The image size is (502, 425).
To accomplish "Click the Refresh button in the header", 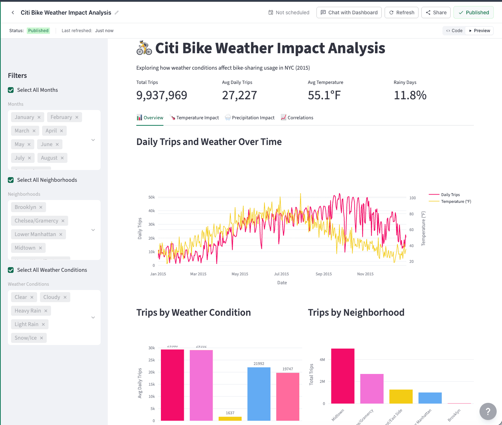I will [x=401, y=12].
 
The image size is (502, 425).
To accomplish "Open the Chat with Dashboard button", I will [x=349, y=12].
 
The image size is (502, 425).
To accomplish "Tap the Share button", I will [x=436, y=12].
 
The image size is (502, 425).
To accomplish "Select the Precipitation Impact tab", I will [x=250, y=117].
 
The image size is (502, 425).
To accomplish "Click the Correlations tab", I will [x=297, y=117].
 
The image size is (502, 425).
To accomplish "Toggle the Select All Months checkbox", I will [x=11, y=90].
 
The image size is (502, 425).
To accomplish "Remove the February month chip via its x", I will [x=77, y=117].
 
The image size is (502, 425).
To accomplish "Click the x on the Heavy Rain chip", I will [x=46, y=311].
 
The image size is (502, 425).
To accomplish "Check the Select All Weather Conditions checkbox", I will [x=11, y=270].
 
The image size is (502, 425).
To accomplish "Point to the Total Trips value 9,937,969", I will [x=162, y=95].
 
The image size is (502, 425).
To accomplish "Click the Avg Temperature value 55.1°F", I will [x=324, y=95].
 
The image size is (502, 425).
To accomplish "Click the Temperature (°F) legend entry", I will [x=456, y=201].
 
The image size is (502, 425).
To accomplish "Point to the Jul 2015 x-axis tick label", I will [x=281, y=274].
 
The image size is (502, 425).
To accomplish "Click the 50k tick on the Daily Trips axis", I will [x=152, y=197].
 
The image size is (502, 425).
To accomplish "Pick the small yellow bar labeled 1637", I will [x=230, y=418].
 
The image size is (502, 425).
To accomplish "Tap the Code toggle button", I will [x=454, y=31].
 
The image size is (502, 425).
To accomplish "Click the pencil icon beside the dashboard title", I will [x=117, y=12].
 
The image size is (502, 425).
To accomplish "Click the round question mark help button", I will [x=488, y=411].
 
